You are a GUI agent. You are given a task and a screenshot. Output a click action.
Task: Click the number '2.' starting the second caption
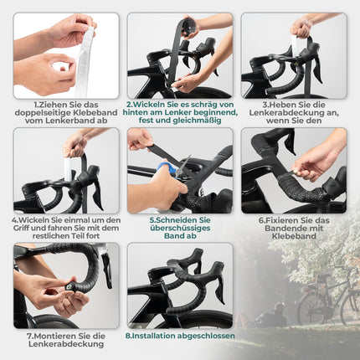pyautogui.click(x=131, y=104)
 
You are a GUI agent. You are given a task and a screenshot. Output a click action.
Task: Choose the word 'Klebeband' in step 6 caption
pyautogui.click(x=294, y=238)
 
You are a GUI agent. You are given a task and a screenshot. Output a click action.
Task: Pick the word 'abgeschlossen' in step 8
pyautogui.click(x=202, y=337)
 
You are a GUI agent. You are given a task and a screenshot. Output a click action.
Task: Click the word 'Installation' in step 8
pyautogui.click(x=153, y=337)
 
